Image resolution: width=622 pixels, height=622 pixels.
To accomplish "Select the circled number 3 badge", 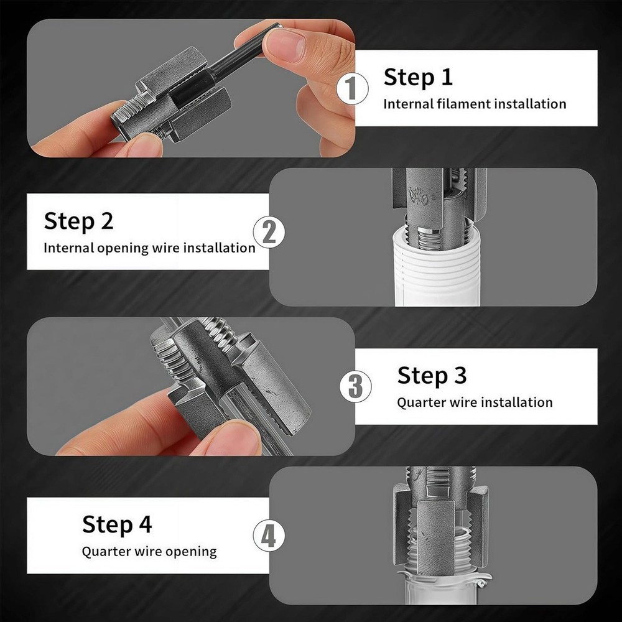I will pyautogui.click(x=355, y=386).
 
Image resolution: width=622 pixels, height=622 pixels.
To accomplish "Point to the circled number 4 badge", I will pyautogui.click(x=268, y=536).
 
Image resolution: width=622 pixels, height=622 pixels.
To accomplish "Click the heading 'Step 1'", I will pyautogui.click(x=418, y=77).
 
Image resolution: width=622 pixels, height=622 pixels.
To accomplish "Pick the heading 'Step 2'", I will pyautogui.click(x=78, y=221).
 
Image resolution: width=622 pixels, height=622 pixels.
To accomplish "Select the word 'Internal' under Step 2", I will pyautogui.click(x=68, y=248).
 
